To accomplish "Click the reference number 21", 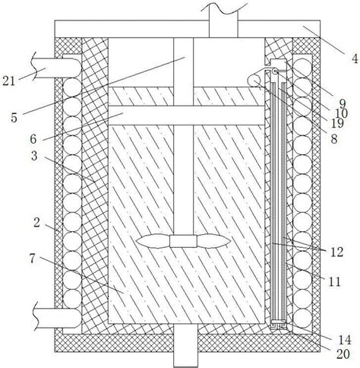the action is click(8, 81).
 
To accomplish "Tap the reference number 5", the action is click(14, 118).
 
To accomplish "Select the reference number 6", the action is click(33, 139).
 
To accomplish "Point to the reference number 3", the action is click(34, 156).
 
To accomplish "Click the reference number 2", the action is click(36, 223).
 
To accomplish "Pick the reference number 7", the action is click(32, 259).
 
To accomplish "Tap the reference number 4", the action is click(355, 59).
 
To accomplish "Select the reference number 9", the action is click(343, 103).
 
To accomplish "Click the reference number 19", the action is click(337, 123).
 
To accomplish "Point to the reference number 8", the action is click(334, 139).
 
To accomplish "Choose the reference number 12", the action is click(337, 252).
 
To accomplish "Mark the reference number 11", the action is click(335, 281).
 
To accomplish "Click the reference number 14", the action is click(345, 340).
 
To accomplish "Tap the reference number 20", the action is click(343, 354).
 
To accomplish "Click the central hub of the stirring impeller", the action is click(183, 241).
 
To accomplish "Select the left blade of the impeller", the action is click(153, 241).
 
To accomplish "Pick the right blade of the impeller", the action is click(214, 241).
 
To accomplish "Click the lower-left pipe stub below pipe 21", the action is click(58, 318).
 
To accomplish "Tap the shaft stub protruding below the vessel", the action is click(185, 345).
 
